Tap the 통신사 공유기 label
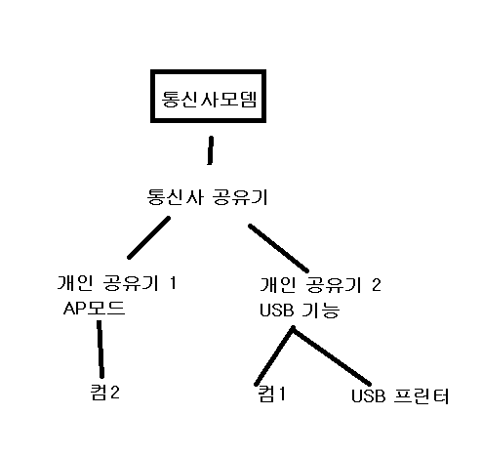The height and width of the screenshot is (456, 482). pos(207,197)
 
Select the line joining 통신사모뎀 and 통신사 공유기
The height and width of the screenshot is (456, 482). pos(211,150)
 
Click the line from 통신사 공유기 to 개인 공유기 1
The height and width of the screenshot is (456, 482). pos(149,237)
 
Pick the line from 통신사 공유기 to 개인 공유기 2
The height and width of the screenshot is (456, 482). pos(278,248)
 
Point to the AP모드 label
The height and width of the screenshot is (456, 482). pos(94,308)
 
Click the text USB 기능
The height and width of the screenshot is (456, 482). pos(300,310)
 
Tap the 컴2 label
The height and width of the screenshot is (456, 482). pos(105,393)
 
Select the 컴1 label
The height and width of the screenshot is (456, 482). pos(271,394)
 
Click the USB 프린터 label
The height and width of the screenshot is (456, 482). pos(400,396)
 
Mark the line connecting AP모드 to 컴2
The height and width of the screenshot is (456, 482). pos(100,349)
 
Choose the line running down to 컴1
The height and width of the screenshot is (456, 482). pos(274,356)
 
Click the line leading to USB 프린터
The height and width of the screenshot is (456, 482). pos(332,355)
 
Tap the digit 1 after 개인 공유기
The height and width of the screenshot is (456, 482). pos(173,282)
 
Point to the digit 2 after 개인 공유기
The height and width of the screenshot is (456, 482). pos(376,285)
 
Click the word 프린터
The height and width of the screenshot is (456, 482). pos(422,396)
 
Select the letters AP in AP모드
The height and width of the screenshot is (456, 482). pos(74,309)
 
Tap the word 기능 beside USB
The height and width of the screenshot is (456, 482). pos(321,311)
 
